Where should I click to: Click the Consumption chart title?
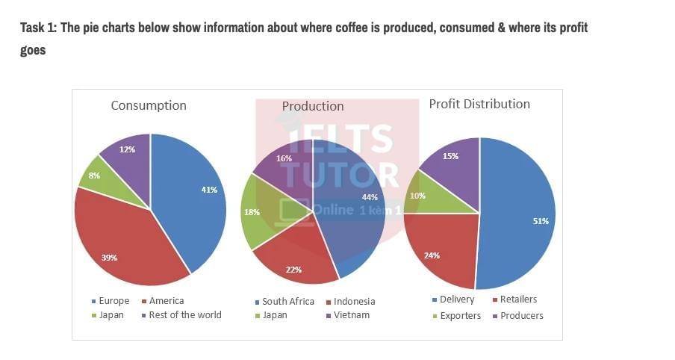point(149,105)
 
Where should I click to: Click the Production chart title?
point(313,106)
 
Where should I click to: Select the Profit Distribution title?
point(479,104)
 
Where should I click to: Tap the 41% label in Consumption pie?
point(209,190)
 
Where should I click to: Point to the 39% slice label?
point(109,258)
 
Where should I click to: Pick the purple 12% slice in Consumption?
point(127,151)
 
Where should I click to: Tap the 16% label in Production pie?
point(284,158)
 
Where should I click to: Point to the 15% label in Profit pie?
point(450,156)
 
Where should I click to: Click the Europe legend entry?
point(113,301)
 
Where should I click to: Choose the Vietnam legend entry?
point(351,315)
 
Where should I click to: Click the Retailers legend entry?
point(518,300)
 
